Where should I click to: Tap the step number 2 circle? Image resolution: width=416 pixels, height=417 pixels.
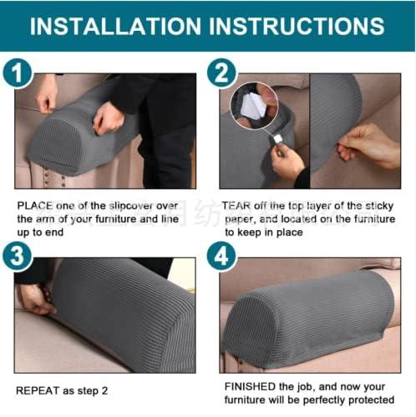tap(221, 74)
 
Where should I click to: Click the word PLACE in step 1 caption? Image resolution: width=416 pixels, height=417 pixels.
tap(34, 204)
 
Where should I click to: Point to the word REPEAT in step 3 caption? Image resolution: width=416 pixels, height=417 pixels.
tap(37, 390)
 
